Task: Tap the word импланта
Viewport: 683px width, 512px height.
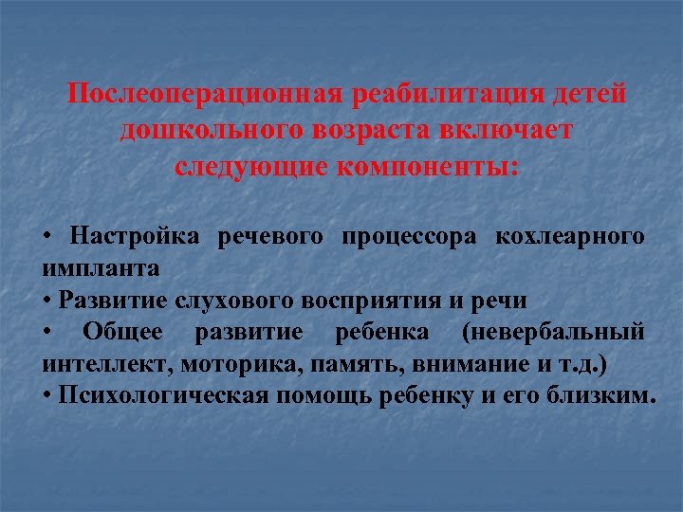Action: tap(101, 267)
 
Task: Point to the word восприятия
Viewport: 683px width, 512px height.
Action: tap(371, 301)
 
